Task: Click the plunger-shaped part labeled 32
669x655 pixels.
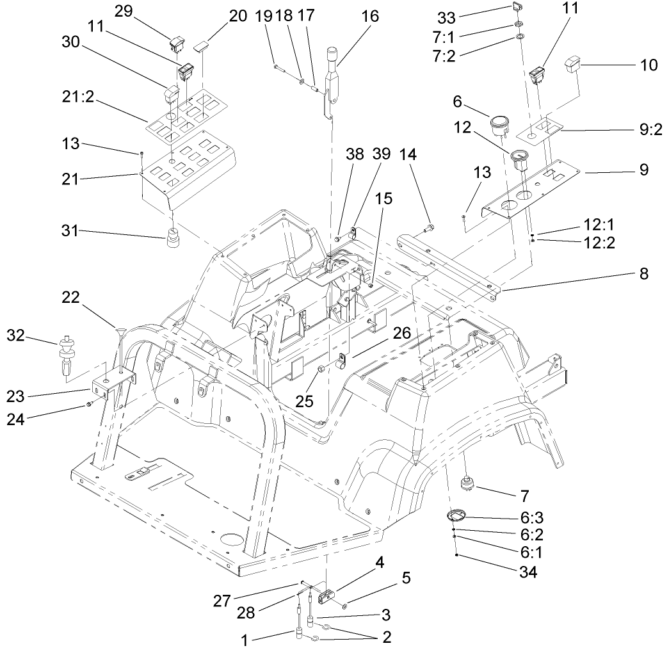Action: click(66, 353)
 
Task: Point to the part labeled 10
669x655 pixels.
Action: click(572, 64)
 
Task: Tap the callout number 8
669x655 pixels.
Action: click(643, 275)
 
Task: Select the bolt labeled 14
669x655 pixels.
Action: click(429, 227)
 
